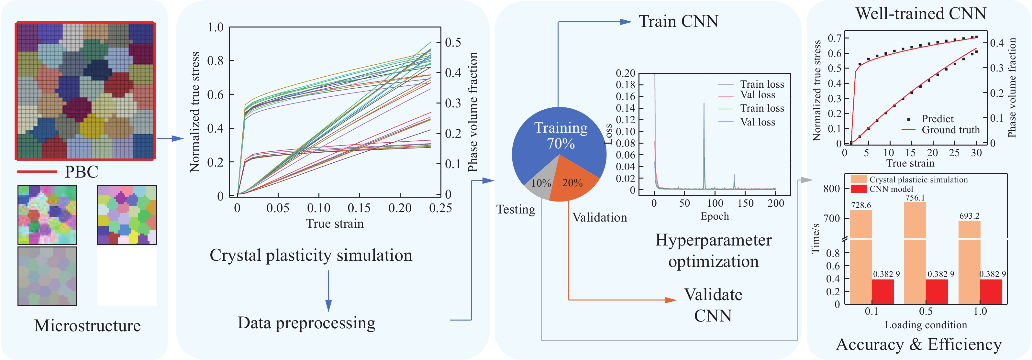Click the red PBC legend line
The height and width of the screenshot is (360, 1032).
pos(37,172)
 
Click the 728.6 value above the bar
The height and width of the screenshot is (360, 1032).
pos(861,205)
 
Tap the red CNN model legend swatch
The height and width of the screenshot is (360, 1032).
pos(858,189)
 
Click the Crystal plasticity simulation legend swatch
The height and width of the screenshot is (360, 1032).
pos(858,180)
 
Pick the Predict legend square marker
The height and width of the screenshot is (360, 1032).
pos(909,119)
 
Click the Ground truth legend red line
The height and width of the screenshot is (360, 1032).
pos(909,130)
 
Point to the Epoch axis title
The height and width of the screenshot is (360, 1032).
pos(714,216)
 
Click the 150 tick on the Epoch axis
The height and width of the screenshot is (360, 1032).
pos(745,203)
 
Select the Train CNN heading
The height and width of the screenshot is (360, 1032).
pos(678,21)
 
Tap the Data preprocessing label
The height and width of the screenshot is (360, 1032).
pos(306,323)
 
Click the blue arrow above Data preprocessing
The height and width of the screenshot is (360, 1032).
pos(328,291)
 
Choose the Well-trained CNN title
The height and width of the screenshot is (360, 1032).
pos(921,14)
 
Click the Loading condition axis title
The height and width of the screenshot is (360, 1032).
pos(926,325)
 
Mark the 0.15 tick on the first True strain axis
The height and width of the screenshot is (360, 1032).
pos(359,208)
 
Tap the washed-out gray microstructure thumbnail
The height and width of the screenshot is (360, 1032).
pos(47,276)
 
